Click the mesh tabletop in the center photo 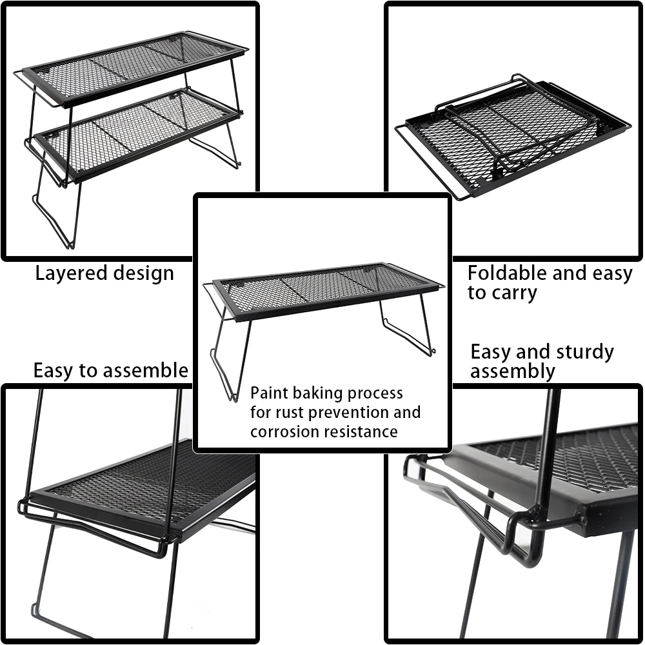322,287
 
